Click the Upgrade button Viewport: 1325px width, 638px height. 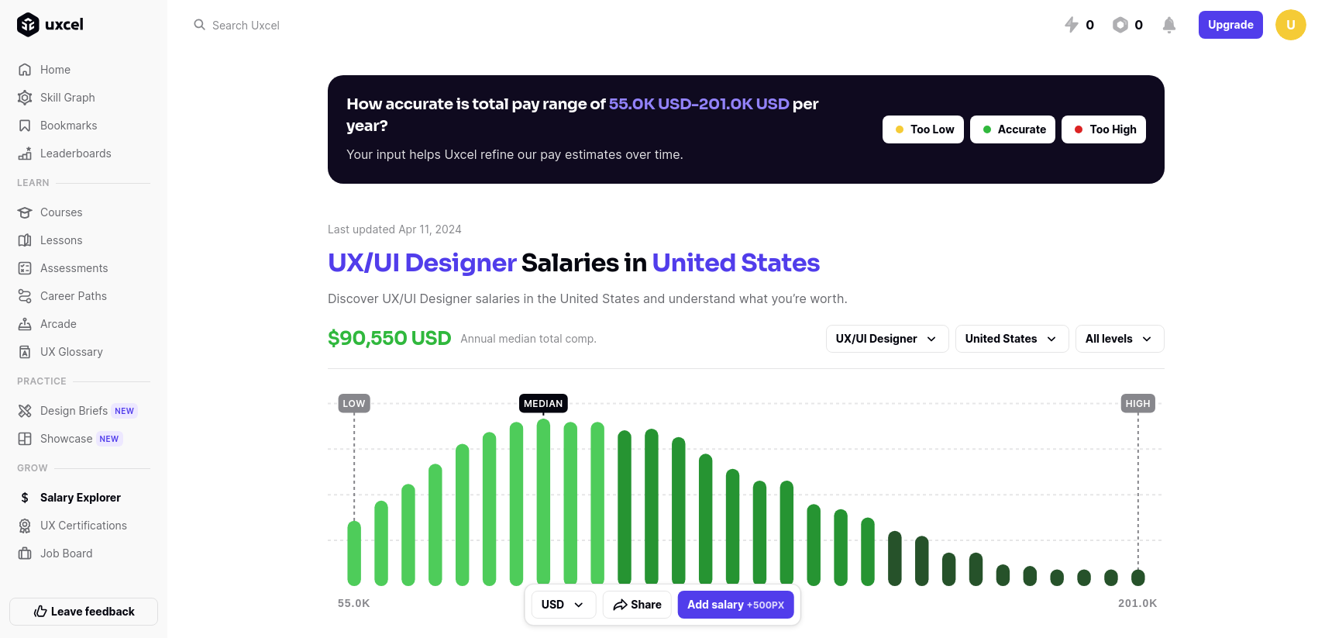tap(1230, 25)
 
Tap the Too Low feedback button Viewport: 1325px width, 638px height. tap(923, 129)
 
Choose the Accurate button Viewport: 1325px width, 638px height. tap(1012, 129)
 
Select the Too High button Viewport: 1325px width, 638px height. tap(1103, 129)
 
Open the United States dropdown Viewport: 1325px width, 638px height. tap(1011, 339)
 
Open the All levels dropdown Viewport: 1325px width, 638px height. tap(1119, 339)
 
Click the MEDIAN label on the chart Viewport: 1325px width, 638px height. tap(543, 404)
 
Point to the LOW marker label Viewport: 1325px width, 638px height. tap(354, 404)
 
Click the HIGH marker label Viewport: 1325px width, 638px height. tap(1137, 404)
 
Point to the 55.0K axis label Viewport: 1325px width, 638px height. tap(354, 603)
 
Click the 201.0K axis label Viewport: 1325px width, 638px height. tap(1137, 603)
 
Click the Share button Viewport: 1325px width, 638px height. tap(637, 605)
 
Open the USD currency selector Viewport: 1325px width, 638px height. tap(563, 605)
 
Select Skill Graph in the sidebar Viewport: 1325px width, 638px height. tap(67, 98)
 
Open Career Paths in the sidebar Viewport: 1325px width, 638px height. tap(73, 296)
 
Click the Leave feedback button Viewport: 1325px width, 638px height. tap(84, 612)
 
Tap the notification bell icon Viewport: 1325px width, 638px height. tap(1168, 25)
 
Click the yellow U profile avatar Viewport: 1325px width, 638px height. tap(1290, 25)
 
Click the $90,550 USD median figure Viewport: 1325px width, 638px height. tap(389, 339)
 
